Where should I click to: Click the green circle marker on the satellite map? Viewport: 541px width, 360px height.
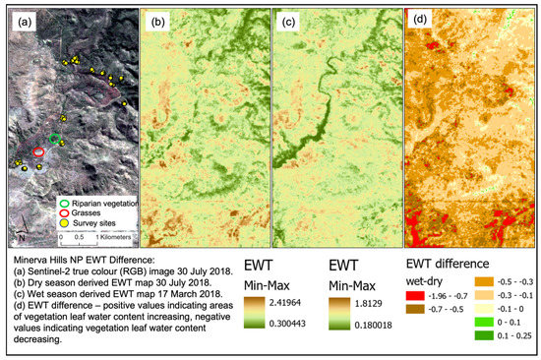(x=55, y=138)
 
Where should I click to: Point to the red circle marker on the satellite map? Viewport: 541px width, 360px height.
(x=39, y=153)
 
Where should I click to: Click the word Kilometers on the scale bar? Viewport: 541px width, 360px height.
(x=105, y=237)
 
